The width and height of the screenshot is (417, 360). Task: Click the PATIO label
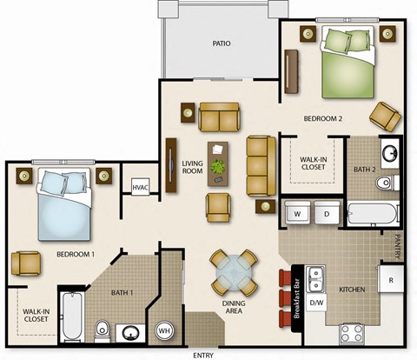pos(221,42)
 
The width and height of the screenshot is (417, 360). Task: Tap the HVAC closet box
pos(140,186)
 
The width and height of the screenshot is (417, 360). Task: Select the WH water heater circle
pos(164,330)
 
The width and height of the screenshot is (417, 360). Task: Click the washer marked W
pos(297,212)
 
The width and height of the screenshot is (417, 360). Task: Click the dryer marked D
pos(327,212)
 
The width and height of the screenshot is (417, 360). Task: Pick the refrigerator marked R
pos(392,281)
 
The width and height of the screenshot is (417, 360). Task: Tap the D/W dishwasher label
pos(316,301)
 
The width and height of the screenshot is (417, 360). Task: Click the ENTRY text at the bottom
pos(202,354)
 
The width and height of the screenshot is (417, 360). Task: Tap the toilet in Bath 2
pos(385,183)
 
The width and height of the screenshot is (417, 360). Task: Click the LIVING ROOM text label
pos(192,167)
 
